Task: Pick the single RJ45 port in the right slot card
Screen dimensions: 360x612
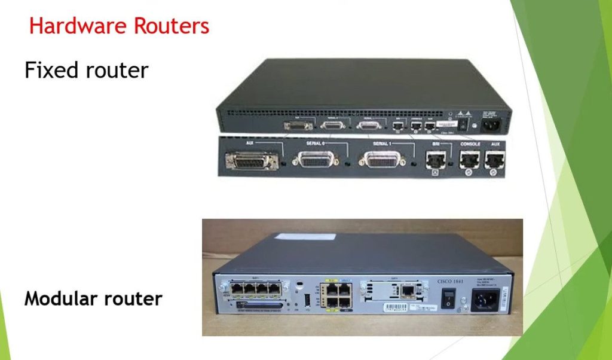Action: (407, 293)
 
